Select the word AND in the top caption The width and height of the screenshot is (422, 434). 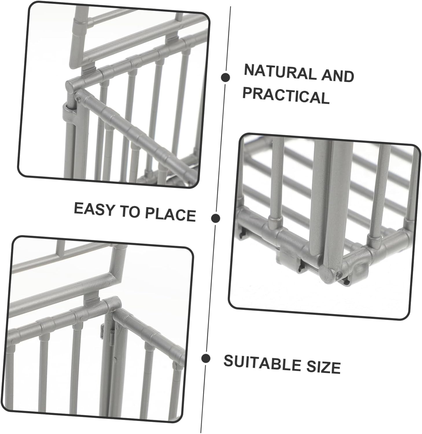coord(338,75)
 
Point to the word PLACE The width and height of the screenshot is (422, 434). coord(170,214)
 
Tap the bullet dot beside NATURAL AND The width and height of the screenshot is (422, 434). coord(225,77)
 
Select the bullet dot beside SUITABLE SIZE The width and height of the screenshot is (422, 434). coord(206,358)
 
